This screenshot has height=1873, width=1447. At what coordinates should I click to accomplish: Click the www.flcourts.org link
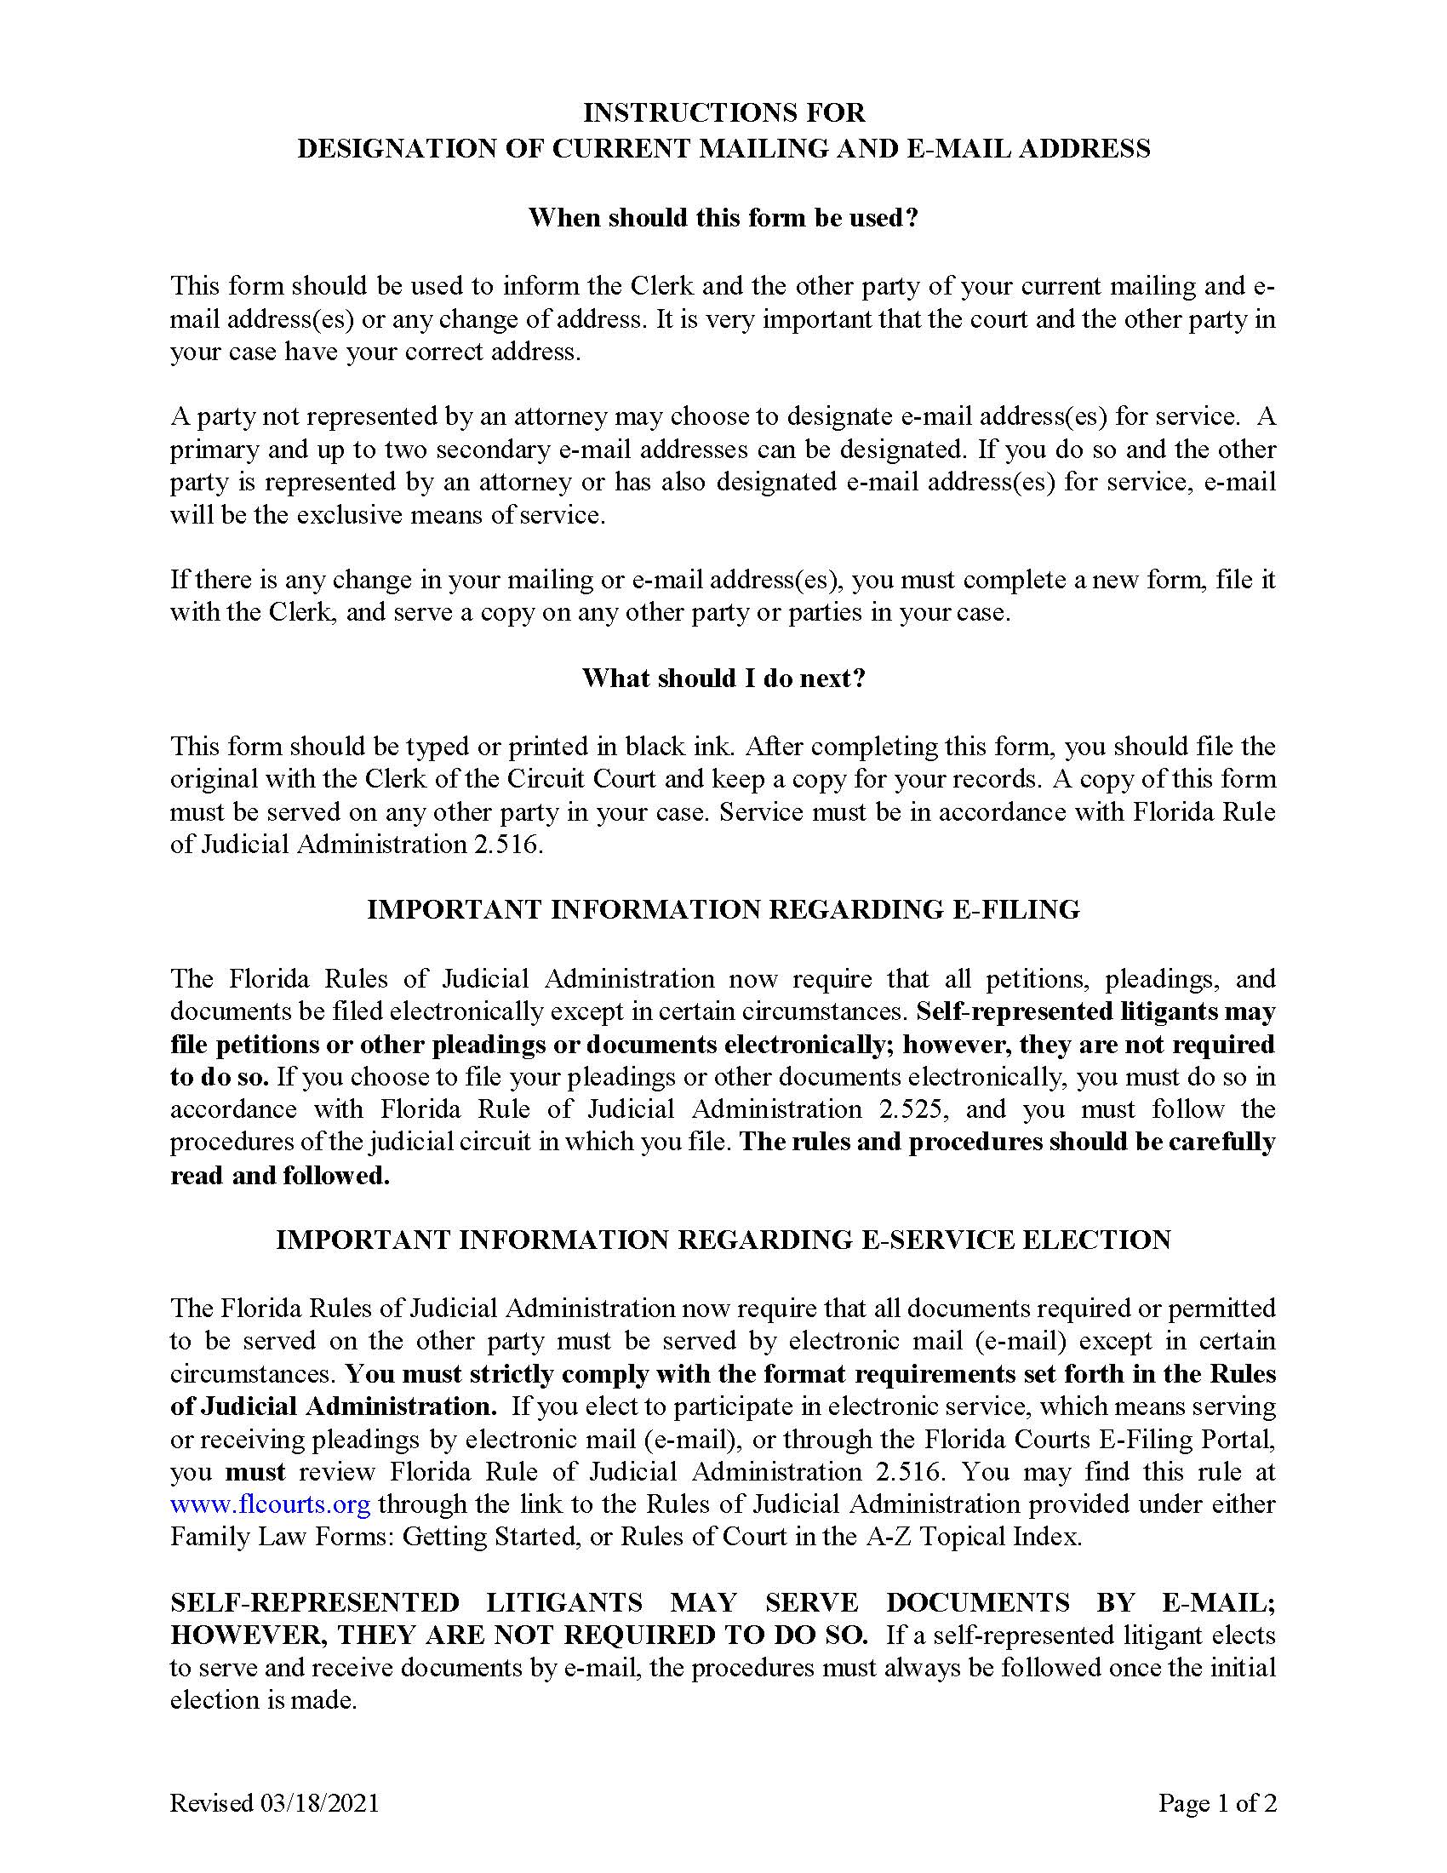coord(270,1504)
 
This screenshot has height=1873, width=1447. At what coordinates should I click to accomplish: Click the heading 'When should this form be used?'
coord(723,218)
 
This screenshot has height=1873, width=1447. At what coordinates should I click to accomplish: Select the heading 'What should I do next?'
coord(723,679)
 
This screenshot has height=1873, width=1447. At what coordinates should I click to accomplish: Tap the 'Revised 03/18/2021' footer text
coord(274,1803)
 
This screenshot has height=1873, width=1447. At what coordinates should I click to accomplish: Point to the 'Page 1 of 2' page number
coord(1217,1803)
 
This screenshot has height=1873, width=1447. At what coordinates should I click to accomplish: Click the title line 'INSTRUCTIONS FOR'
coord(723,112)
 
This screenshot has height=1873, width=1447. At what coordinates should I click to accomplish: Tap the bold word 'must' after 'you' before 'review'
coord(255,1472)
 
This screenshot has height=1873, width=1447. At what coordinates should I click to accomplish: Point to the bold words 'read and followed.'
coord(280,1175)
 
